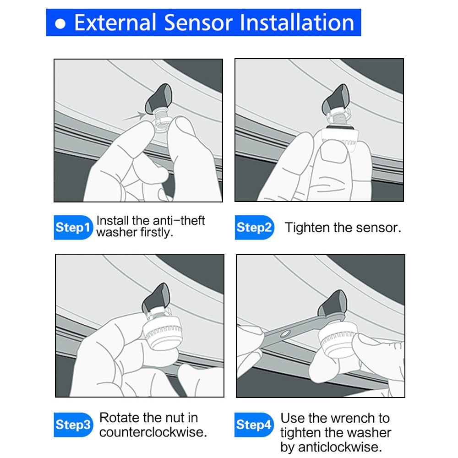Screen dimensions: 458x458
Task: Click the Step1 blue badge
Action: (73, 227)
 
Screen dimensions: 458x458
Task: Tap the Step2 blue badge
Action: (254, 227)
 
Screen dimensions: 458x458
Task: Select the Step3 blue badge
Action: (73, 425)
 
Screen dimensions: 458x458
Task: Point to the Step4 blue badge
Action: (254, 425)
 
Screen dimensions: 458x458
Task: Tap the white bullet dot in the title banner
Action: (60, 24)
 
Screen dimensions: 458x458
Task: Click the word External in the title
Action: (115, 22)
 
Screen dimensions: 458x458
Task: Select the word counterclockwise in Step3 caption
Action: (153, 432)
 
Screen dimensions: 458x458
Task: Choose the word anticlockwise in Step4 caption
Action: (340, 447)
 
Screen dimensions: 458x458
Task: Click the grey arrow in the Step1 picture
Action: (134, 116)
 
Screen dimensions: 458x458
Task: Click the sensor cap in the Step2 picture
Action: (339, 138)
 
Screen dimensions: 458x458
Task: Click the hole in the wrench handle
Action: (285, 333)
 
